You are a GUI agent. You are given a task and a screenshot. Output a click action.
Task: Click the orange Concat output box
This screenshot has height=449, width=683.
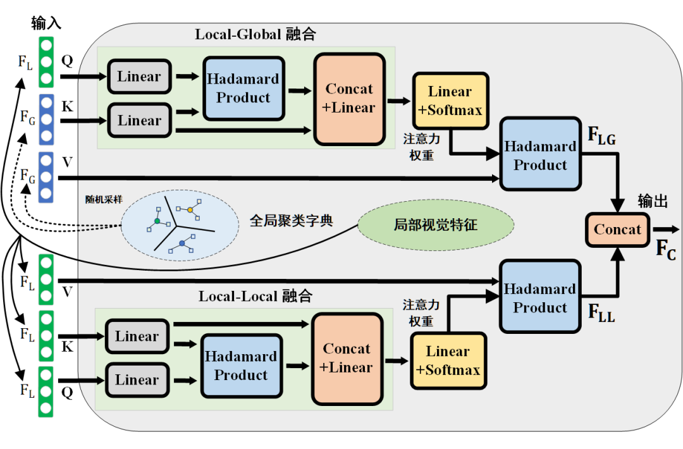617,230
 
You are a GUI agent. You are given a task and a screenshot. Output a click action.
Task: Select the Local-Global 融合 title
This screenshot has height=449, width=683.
255,34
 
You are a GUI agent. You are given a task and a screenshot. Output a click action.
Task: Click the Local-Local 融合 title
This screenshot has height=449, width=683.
255,296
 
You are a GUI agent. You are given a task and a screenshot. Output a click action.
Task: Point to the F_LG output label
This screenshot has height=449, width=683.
601,137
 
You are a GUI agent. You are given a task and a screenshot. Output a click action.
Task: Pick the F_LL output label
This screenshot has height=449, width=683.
601,314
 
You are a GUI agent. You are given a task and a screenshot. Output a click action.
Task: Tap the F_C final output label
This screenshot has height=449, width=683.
665,250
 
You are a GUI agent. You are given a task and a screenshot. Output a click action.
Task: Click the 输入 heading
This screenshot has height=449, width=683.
46,24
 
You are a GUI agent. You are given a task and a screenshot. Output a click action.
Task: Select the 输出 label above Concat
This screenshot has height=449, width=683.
652,202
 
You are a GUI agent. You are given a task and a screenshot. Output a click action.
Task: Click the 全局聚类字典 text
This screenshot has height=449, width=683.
292,221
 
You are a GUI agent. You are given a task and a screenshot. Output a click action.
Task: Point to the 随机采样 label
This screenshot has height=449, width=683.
104,199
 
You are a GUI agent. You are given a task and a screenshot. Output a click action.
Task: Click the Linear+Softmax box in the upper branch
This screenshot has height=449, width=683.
450,101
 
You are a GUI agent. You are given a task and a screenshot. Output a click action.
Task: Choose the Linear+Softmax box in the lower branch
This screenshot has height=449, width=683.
448,361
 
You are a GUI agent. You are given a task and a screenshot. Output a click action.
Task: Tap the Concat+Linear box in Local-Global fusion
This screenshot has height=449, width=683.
349,99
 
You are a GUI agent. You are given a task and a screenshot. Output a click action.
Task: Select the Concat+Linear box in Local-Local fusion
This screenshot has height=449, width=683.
347,359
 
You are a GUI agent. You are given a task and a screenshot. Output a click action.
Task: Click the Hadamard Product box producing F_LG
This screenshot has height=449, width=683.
540,154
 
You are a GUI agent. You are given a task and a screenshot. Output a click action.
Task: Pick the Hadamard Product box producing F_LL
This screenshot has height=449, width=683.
540,296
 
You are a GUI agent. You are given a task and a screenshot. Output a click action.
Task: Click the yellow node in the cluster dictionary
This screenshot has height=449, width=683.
190,209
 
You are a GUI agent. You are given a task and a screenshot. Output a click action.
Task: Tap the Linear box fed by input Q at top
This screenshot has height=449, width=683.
139,77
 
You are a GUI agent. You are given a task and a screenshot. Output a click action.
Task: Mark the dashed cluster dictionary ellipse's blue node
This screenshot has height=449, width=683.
182,243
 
